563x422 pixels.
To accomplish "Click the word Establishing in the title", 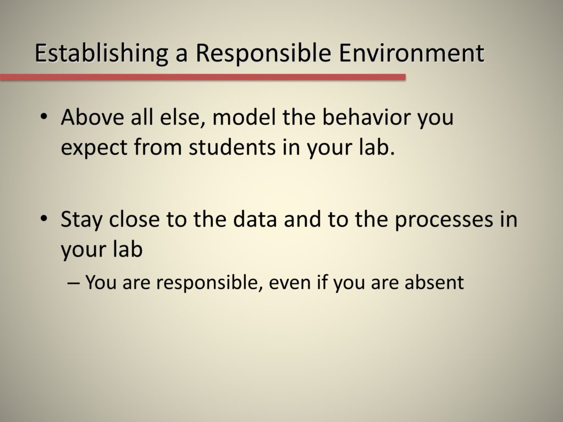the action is tap(101, 54).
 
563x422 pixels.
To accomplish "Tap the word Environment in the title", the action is tap(411, 53).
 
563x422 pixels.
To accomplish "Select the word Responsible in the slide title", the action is tap(263, 54).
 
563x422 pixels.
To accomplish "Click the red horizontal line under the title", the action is tap(203, 77).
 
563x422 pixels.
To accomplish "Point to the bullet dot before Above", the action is tap(43, 117).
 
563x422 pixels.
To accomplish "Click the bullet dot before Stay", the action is tap(43, 219).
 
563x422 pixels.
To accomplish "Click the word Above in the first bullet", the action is tap(92, 117).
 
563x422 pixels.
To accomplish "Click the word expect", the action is tap(93, 148).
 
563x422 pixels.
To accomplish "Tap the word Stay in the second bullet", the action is tap(81, 219).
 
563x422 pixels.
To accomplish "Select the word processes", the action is tap(444, 220).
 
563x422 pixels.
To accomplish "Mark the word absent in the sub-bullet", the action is tap(434, 282).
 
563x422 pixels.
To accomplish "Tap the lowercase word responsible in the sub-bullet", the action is tap(207, 283).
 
